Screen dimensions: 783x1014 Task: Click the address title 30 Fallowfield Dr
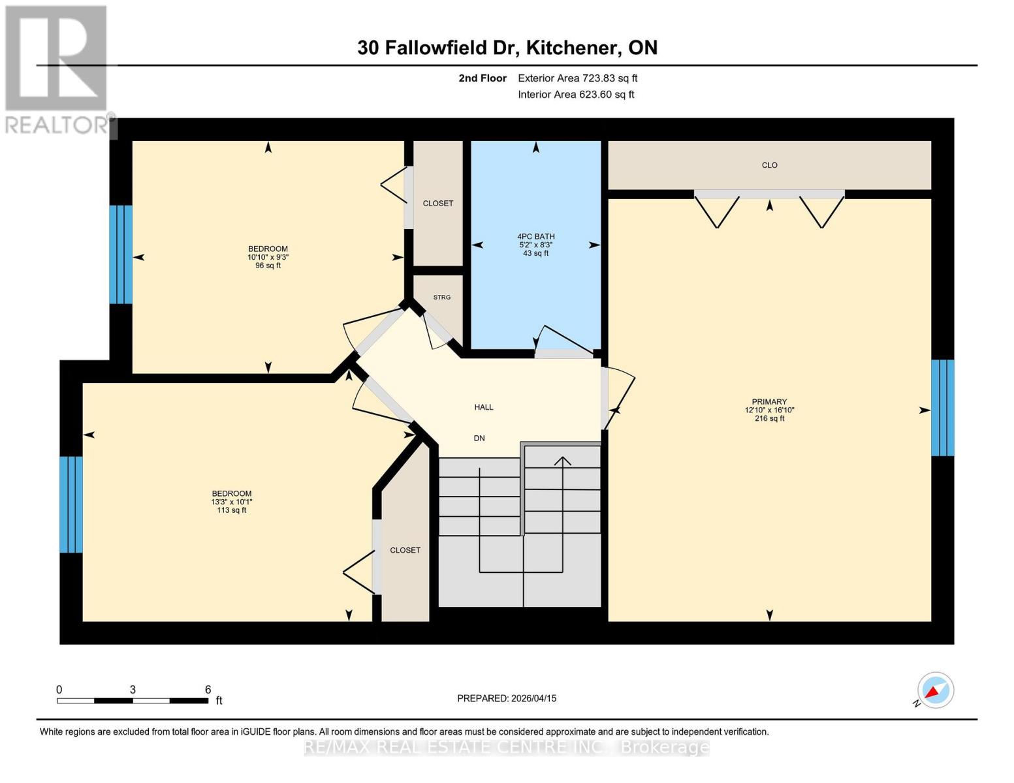click(x=507, y=48)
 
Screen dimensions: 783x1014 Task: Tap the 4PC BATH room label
click(x=535, y=237)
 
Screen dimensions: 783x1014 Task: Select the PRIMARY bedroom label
click(x=769, y=402)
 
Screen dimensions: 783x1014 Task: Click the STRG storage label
click(x=442, y=298)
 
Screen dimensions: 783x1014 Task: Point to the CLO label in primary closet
click(x=769, y=165)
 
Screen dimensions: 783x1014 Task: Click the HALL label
click(x=484, y=407)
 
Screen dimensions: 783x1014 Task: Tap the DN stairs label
click(x=479, y=438)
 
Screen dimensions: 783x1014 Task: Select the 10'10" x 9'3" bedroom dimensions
click(x=268, y=257)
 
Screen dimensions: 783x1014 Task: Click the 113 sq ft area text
click(x=231, y=510)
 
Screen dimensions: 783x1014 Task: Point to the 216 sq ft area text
click(x=769, y=418)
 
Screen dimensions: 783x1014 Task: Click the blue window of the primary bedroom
click(x=942, y=408)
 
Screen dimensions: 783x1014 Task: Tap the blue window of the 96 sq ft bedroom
click(x=121, y=254)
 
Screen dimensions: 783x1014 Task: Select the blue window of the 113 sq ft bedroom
click(x=71, y=504)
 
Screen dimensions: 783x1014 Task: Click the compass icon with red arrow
click(x=935, y=690)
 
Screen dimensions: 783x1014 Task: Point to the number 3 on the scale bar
click(x=133, y=690)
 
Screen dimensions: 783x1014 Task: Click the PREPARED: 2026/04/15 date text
click(x=507, y=698)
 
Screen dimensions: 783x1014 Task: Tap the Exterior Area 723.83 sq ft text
click(x=577, y=78)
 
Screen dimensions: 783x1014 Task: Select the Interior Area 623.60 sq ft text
click(x=576, y=95)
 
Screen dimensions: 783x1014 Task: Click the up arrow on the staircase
click(x=562, y=461)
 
